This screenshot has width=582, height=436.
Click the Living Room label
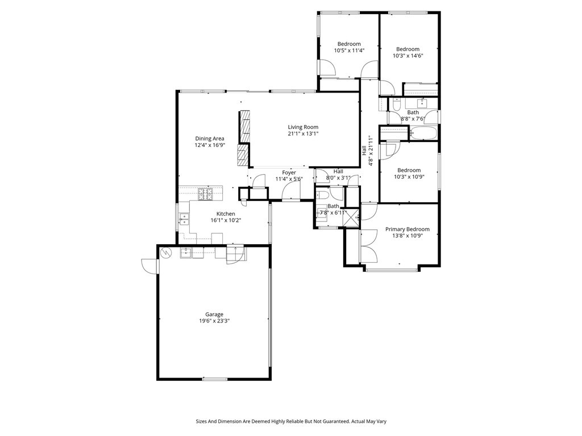pos(303,127)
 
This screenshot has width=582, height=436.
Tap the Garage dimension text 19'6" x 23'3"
pos(214,321)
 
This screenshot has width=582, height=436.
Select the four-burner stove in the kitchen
pos(205,194)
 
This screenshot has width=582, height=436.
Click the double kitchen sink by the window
pos(184,219)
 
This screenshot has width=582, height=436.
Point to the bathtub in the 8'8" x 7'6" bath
pos(423,133)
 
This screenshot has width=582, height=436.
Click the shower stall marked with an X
pos(351,216)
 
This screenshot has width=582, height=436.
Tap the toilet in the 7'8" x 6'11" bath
pos(322,195)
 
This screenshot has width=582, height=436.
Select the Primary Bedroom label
pos(407,229)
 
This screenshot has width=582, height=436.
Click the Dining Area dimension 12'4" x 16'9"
pos(210,145)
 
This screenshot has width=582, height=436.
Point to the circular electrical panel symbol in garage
pos(165,253)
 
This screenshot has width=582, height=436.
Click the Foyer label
pos(289,173)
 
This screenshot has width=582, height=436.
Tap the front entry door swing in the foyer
pos(291,191)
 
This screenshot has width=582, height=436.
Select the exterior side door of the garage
pos(149,266)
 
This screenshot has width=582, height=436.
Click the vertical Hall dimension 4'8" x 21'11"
pos(367,150)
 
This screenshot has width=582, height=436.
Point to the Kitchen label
pos(226,214)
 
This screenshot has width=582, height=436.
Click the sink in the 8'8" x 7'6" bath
pos(422,103)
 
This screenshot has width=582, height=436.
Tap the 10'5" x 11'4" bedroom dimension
pos(349,51)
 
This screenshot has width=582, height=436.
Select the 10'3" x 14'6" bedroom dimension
pos(408,56)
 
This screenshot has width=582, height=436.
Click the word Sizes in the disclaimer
pos(202,421)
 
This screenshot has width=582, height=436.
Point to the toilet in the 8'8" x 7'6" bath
pos(396,105)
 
